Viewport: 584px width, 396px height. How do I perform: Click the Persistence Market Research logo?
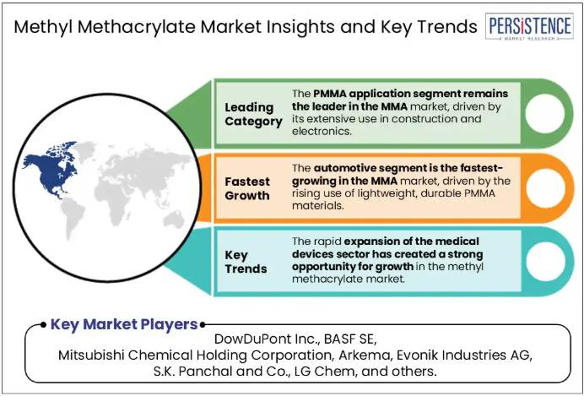[529, 26]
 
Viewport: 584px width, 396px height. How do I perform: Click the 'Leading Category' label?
[253, 114]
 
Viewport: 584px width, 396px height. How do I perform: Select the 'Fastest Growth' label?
[247, 188]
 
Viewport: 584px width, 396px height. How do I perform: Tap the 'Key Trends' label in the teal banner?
[246, 262]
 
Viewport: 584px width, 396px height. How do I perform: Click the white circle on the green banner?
[545, 114]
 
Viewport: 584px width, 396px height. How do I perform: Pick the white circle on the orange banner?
[546, 188]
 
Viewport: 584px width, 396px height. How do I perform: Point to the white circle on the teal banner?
[546, 262]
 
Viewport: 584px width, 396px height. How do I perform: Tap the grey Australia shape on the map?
[174, 219]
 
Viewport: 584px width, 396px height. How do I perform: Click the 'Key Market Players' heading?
[124, 324]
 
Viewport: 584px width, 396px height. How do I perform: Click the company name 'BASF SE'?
[350, 339]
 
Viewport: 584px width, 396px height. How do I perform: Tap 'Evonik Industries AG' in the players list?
[464, 355]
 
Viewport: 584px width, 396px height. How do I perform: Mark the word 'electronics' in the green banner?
[321, 132]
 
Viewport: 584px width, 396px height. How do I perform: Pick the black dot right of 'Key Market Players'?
[203, 325]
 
